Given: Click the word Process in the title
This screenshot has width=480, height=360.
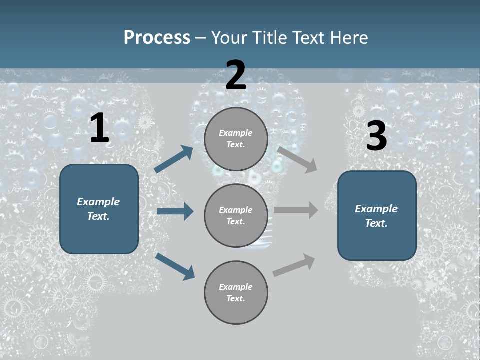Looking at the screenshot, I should coord(157,38).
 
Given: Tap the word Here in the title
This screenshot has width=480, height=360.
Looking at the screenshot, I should coord(348,38).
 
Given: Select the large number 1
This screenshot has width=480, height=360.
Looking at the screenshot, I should coord(99,128).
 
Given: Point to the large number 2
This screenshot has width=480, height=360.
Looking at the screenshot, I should coord(236,75).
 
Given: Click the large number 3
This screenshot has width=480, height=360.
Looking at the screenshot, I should coord(376,136).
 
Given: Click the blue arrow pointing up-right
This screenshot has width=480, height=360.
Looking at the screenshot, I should coord(174,159).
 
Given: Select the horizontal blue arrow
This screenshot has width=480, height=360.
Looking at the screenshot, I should coord(175,211).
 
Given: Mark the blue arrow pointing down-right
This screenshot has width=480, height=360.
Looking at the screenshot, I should coord(175,266).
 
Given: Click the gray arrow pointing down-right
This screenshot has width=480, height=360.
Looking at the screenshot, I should coord(297,159).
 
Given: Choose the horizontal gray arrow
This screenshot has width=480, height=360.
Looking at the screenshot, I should coord(296,210).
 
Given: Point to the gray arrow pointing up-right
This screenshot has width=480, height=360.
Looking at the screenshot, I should coord(294,265).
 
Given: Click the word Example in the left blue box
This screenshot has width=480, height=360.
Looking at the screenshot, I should coord(98,202).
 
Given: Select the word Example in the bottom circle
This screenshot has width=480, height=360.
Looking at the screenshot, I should coord(235,287).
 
